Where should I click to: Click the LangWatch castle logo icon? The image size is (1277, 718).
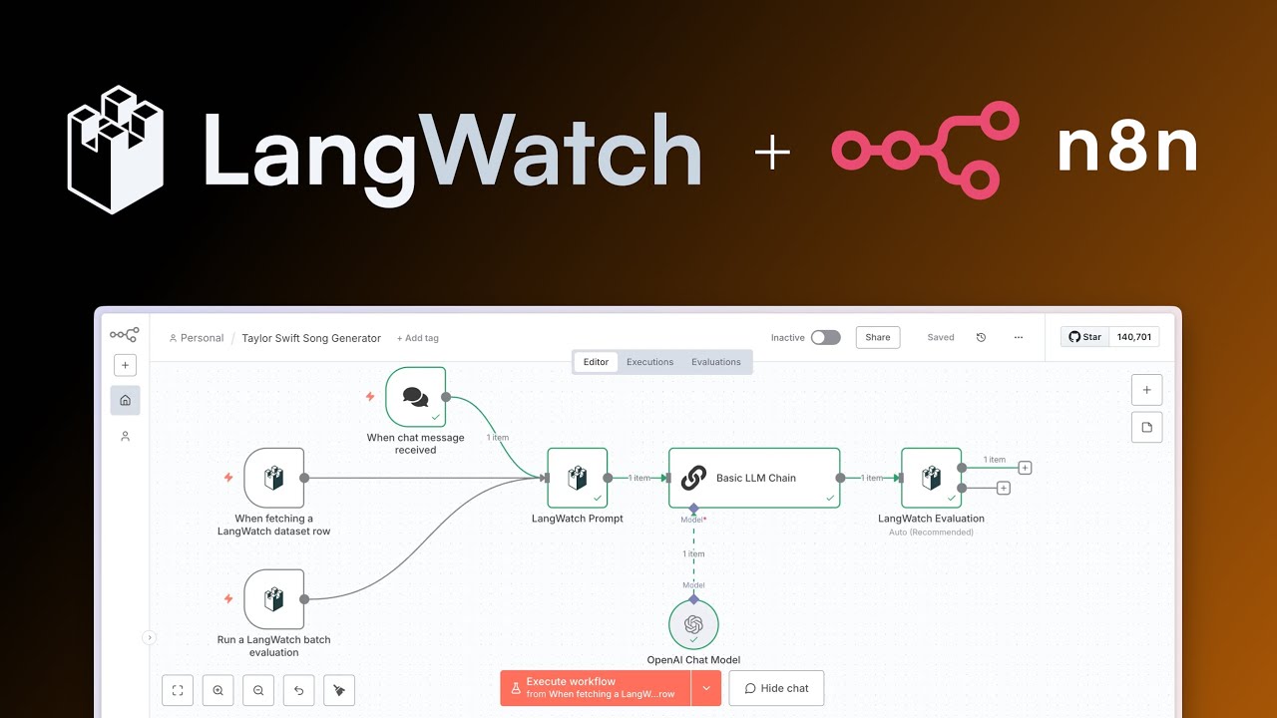tap(115, 150)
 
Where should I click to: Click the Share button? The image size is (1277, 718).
tap(877, 337)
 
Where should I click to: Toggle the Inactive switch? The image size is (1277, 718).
tap(825, 337)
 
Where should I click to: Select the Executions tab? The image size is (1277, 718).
tap(649, 362)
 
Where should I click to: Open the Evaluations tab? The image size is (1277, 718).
tap(715, 362)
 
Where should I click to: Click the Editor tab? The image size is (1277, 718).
tap(596, 362)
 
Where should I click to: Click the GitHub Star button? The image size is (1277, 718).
tap(1085, 337)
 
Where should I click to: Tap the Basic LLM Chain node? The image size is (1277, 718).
tap(753, 478)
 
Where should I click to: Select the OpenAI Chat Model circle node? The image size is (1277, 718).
tap(693, 624)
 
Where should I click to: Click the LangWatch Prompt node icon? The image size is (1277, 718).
tap(577, 478)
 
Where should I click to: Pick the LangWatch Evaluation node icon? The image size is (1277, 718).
tap(931, 478)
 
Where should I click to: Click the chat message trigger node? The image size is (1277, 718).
tap(415, 397)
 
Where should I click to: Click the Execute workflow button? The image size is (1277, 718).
tap(596, 687)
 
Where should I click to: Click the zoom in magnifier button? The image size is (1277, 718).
tap(217, 690)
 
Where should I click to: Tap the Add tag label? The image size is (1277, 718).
tap(417, 338)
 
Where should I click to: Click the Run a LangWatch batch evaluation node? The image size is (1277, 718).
tap(273, 599)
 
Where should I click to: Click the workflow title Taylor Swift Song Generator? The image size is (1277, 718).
tap(311, 338)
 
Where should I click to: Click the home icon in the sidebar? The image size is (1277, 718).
tap(125, 400)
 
